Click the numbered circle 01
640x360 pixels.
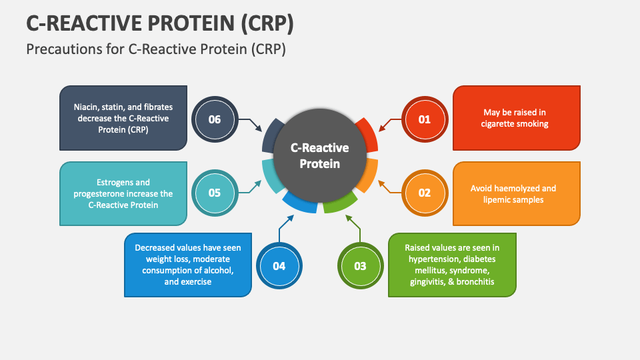[425, 119]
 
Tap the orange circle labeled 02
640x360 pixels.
[425, 193]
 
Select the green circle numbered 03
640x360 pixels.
[360, 266]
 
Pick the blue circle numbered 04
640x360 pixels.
[279, 266]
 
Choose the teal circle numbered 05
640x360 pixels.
[214, 193]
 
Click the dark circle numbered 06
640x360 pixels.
[214, 120]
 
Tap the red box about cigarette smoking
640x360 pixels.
[516, 118]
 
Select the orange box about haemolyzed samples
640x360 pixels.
[516, 194]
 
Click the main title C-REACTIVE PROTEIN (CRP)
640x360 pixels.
[160, 23]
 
